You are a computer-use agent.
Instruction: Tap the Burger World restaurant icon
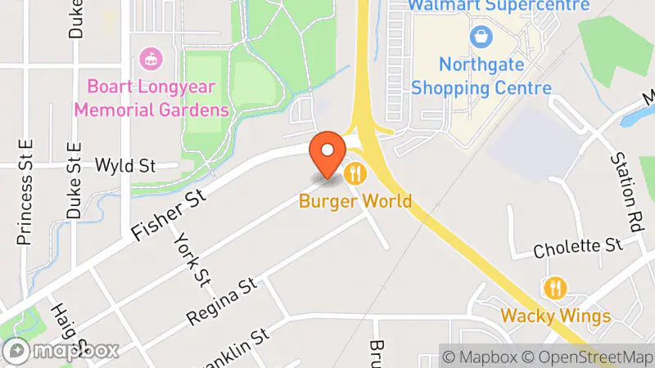pyautogui.click(x=355, y=173)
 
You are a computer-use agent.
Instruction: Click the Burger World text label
pyautogui.click(x=355, y=200)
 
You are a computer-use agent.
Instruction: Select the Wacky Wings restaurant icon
pyautogui.click(x=555, y=289)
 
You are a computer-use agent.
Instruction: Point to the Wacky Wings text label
pyautogui.click(x=556, y=316)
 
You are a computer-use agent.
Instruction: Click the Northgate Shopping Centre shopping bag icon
pyautogui.click(x=481, y=37)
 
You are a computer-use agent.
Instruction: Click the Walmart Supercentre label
pyautogui.click(x=499, y=6)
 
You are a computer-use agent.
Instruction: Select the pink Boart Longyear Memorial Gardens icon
pyautogui.click(x=151, y=58)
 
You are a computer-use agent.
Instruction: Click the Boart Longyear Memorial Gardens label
pyautogui.click(x=156, y=96)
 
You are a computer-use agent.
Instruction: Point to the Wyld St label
pyautogui.click(x=125, y=165)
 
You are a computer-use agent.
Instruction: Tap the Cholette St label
pyautogui.click(x=578, y=246)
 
